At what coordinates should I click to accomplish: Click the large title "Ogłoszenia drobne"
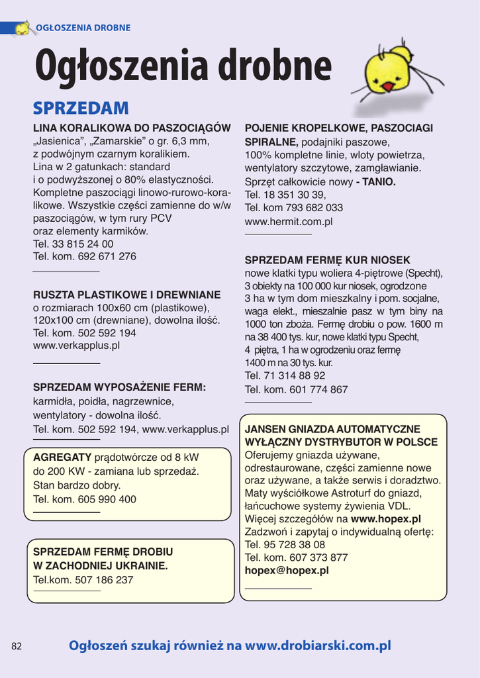click(x=183, y=67)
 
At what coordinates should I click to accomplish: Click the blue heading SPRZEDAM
click(x=81, y=108)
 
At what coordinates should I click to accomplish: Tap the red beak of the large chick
click(x=387, y=86)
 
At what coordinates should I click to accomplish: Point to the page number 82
click(x=17, y=646)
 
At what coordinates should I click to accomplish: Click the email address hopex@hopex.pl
click(x=287, y=570)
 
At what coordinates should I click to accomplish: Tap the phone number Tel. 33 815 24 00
click(x=73, y=244)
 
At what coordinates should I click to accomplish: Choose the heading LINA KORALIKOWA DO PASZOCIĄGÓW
click(x=132, y=128)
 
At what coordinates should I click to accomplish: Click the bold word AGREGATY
click(x=62, y=458)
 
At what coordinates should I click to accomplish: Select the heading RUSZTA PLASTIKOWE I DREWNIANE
click(x=127, y=295)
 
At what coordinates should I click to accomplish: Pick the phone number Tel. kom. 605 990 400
click(x=85, y=499)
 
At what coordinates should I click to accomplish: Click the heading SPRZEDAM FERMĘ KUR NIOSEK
click(x=328, y=260)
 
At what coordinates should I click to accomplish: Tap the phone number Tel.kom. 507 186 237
click(x=83, y=579)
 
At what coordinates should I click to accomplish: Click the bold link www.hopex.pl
click(x=386, y=519)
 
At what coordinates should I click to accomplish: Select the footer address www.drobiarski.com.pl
click(x=318, y=646)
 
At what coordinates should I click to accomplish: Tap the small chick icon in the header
click(x=23, y=28)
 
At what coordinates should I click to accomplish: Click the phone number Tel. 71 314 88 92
click(x=285, y=375)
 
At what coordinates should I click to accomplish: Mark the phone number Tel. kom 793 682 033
click(x=294, y=207)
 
